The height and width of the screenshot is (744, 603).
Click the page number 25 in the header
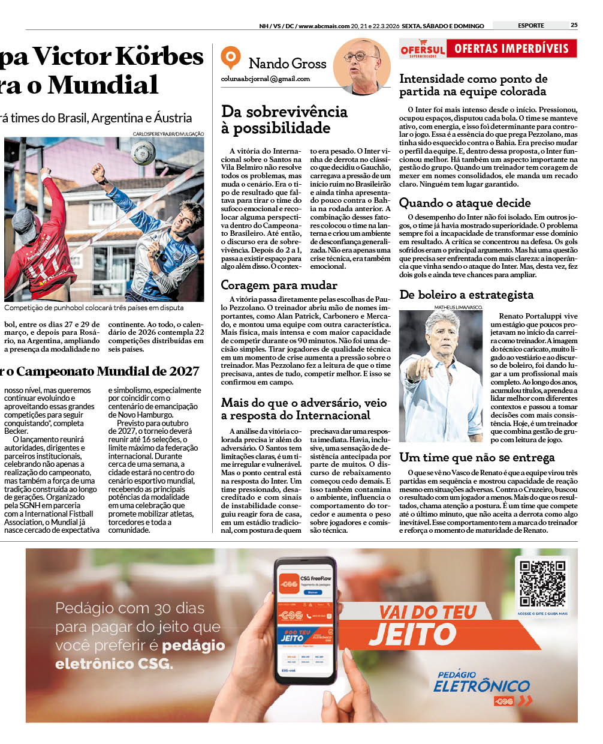574,25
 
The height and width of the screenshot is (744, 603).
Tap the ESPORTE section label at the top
530,25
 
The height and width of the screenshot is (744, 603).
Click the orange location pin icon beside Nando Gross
230,58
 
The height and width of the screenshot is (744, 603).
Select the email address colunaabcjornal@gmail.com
265,79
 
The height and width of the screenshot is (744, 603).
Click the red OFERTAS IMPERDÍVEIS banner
511,49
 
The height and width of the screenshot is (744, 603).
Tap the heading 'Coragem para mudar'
279,285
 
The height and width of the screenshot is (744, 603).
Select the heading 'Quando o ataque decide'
465,203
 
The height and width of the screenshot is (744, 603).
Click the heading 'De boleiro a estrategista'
466,295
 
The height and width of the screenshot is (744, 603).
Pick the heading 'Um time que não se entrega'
477,457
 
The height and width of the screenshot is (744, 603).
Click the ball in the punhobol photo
143,152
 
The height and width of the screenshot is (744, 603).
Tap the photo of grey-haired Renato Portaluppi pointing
441,376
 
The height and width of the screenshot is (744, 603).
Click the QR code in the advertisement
542,584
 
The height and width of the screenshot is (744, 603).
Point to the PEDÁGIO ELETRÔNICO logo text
481,683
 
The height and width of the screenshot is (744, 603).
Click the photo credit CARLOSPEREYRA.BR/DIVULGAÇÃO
168,134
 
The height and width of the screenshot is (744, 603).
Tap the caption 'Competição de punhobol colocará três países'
94,308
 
